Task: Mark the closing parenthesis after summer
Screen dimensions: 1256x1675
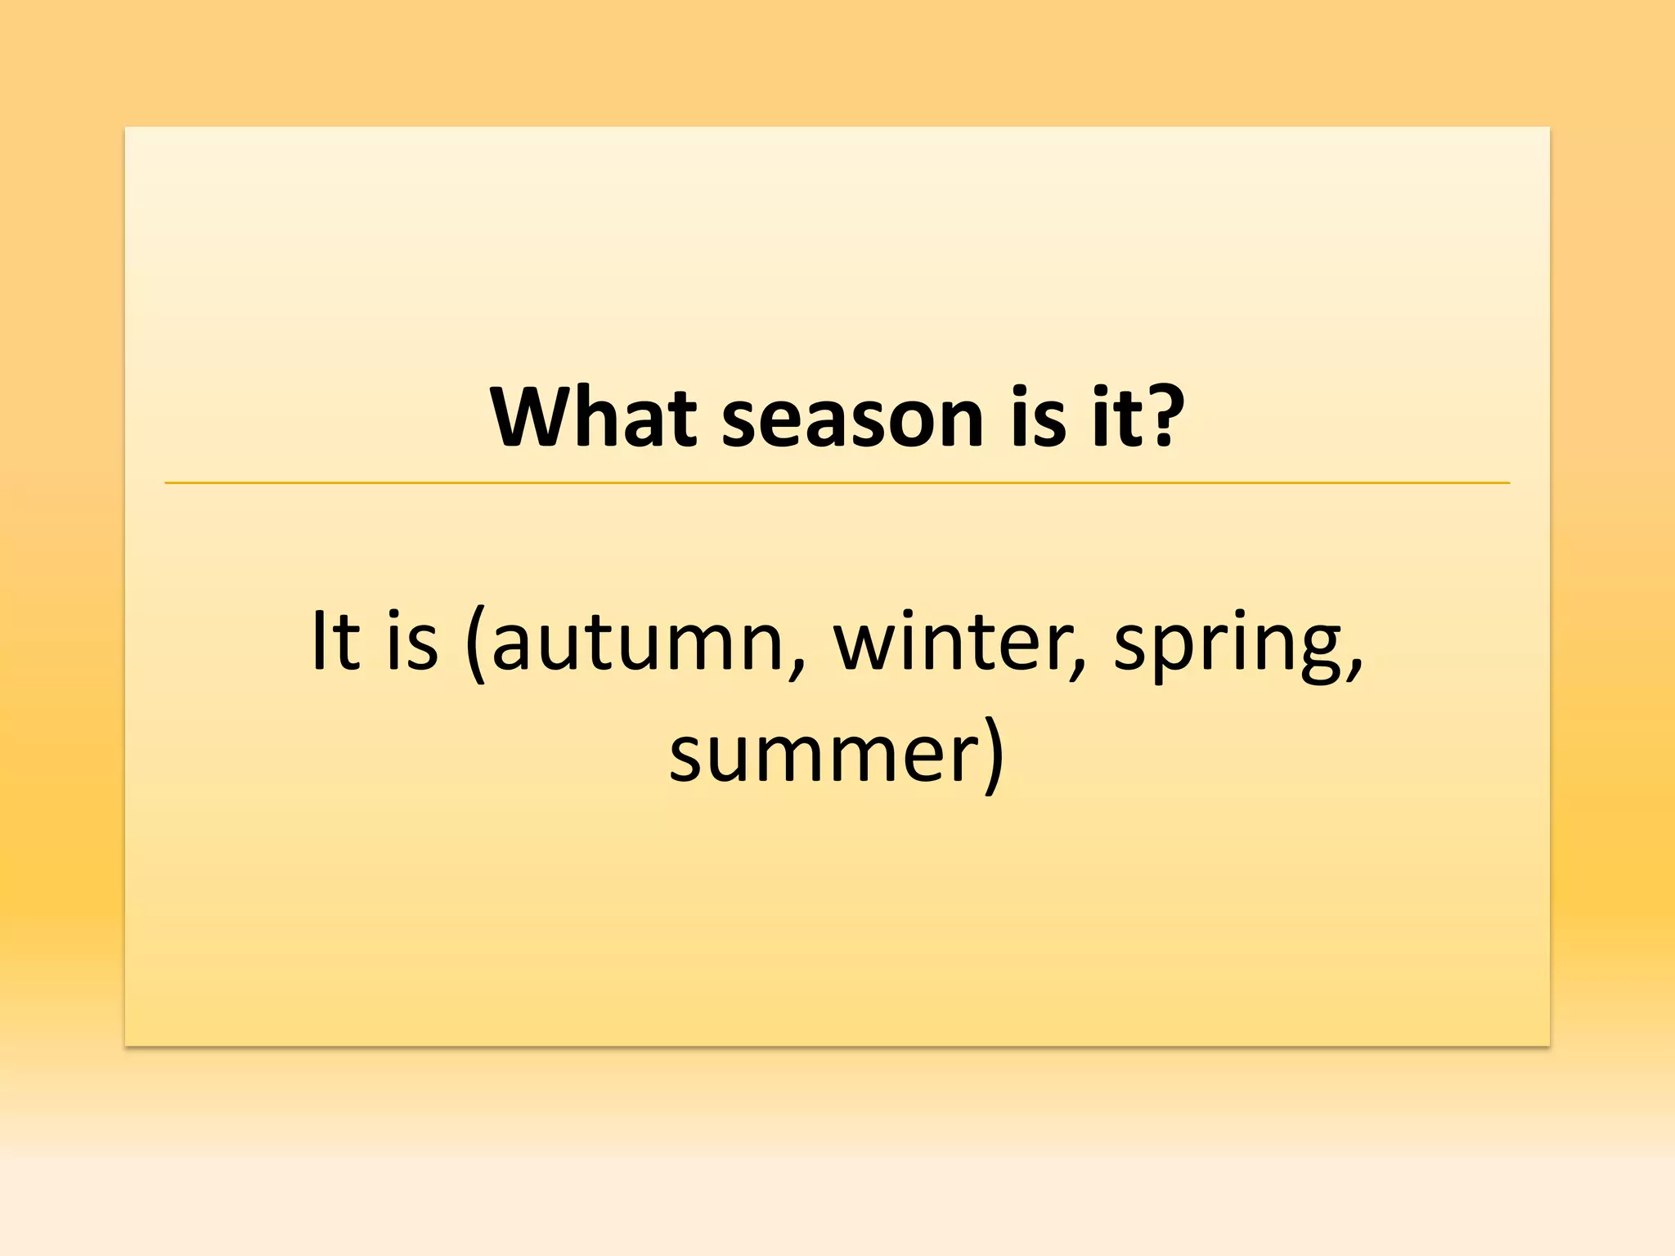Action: click(993, 756)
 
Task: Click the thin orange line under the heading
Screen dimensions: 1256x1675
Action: click(837, 483)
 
